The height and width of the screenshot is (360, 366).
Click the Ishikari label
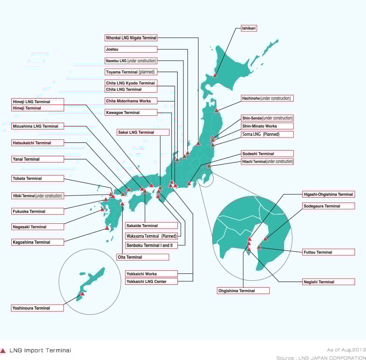tap(249, 28)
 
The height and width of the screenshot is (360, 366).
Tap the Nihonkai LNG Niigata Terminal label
tap(131, 38)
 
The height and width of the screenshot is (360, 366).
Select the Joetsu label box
tap(131, 49)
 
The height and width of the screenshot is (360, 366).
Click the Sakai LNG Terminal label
tap(143, 132)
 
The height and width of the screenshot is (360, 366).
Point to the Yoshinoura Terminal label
tap(37, 308)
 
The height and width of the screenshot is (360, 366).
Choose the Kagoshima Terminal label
tap(37, 242)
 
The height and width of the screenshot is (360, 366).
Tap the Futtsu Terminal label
tap(329, 252)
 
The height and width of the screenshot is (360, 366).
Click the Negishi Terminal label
tap(329, 282)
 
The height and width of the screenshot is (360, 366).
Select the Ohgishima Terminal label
tap(243, 290)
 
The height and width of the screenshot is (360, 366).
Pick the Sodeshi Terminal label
tap(267, 154)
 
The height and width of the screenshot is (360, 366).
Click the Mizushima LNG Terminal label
tap(37, 126)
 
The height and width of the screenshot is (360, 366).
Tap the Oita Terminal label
tap(142, 257)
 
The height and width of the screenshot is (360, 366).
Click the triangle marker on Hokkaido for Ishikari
tap(215, 75)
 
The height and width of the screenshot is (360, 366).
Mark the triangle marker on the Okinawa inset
tap(82, 293)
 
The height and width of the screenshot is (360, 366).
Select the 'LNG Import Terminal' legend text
tap(40, 350)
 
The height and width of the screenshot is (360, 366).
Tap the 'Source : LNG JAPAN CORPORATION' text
tap(321, 357)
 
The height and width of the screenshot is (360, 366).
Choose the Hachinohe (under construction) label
tap(267, 98)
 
